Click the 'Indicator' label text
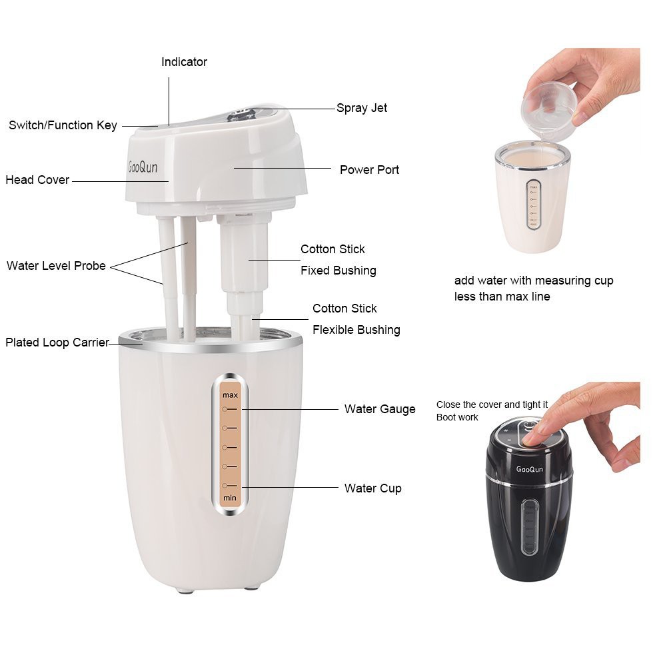[184, 62]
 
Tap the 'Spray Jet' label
[362, 108]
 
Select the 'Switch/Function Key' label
[63, 125]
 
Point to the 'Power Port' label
[369, 170]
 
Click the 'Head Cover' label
[37, 180]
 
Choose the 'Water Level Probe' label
[56, 266]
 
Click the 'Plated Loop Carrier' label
[57, 342]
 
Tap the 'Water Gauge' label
[380, 409]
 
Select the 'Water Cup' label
[373, 488]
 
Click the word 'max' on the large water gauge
[230, 395]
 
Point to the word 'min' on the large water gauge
[230, 498]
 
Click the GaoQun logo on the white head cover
[143, 167]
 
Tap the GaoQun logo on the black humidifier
[530, 469]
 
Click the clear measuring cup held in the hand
[549, 111]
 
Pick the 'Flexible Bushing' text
[356, 330]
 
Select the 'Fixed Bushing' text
[338, 271]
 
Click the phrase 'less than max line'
[502, 297]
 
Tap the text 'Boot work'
[457, 417]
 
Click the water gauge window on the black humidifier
[530, 527]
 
